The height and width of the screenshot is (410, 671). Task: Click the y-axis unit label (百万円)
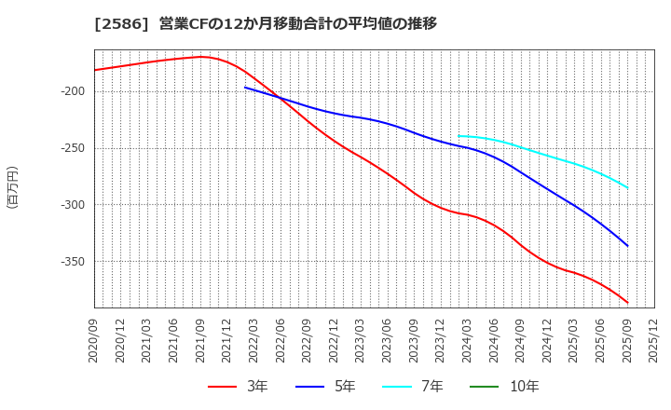click(x=12, y=186)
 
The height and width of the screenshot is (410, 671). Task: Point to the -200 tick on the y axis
click(x=74, y=91)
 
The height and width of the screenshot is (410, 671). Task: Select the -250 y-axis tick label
click(x=74, y=148)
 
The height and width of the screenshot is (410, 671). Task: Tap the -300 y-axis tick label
click(x=74, y=205)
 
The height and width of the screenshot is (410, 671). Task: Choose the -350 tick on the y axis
click(x=74, y=262)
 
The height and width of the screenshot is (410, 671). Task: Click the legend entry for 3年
click(x=237, y=386)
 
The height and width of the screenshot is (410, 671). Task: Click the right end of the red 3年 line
click(x=627, y=303)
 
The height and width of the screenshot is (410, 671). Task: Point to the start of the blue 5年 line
click(x=245, y=88)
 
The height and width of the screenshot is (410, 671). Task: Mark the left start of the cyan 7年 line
click(x=459, y=136)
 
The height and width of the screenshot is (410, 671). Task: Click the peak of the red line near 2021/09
click(x=200, y=57)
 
